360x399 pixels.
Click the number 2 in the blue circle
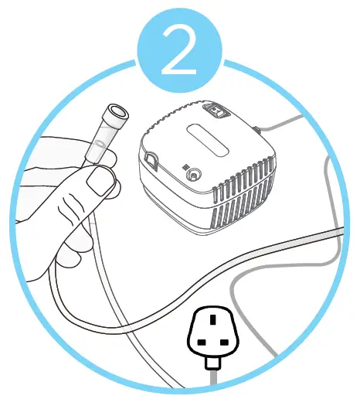pyautogui.click(x=180, y=51)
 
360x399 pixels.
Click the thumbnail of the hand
pyautogui.click(x=99, y=183)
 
